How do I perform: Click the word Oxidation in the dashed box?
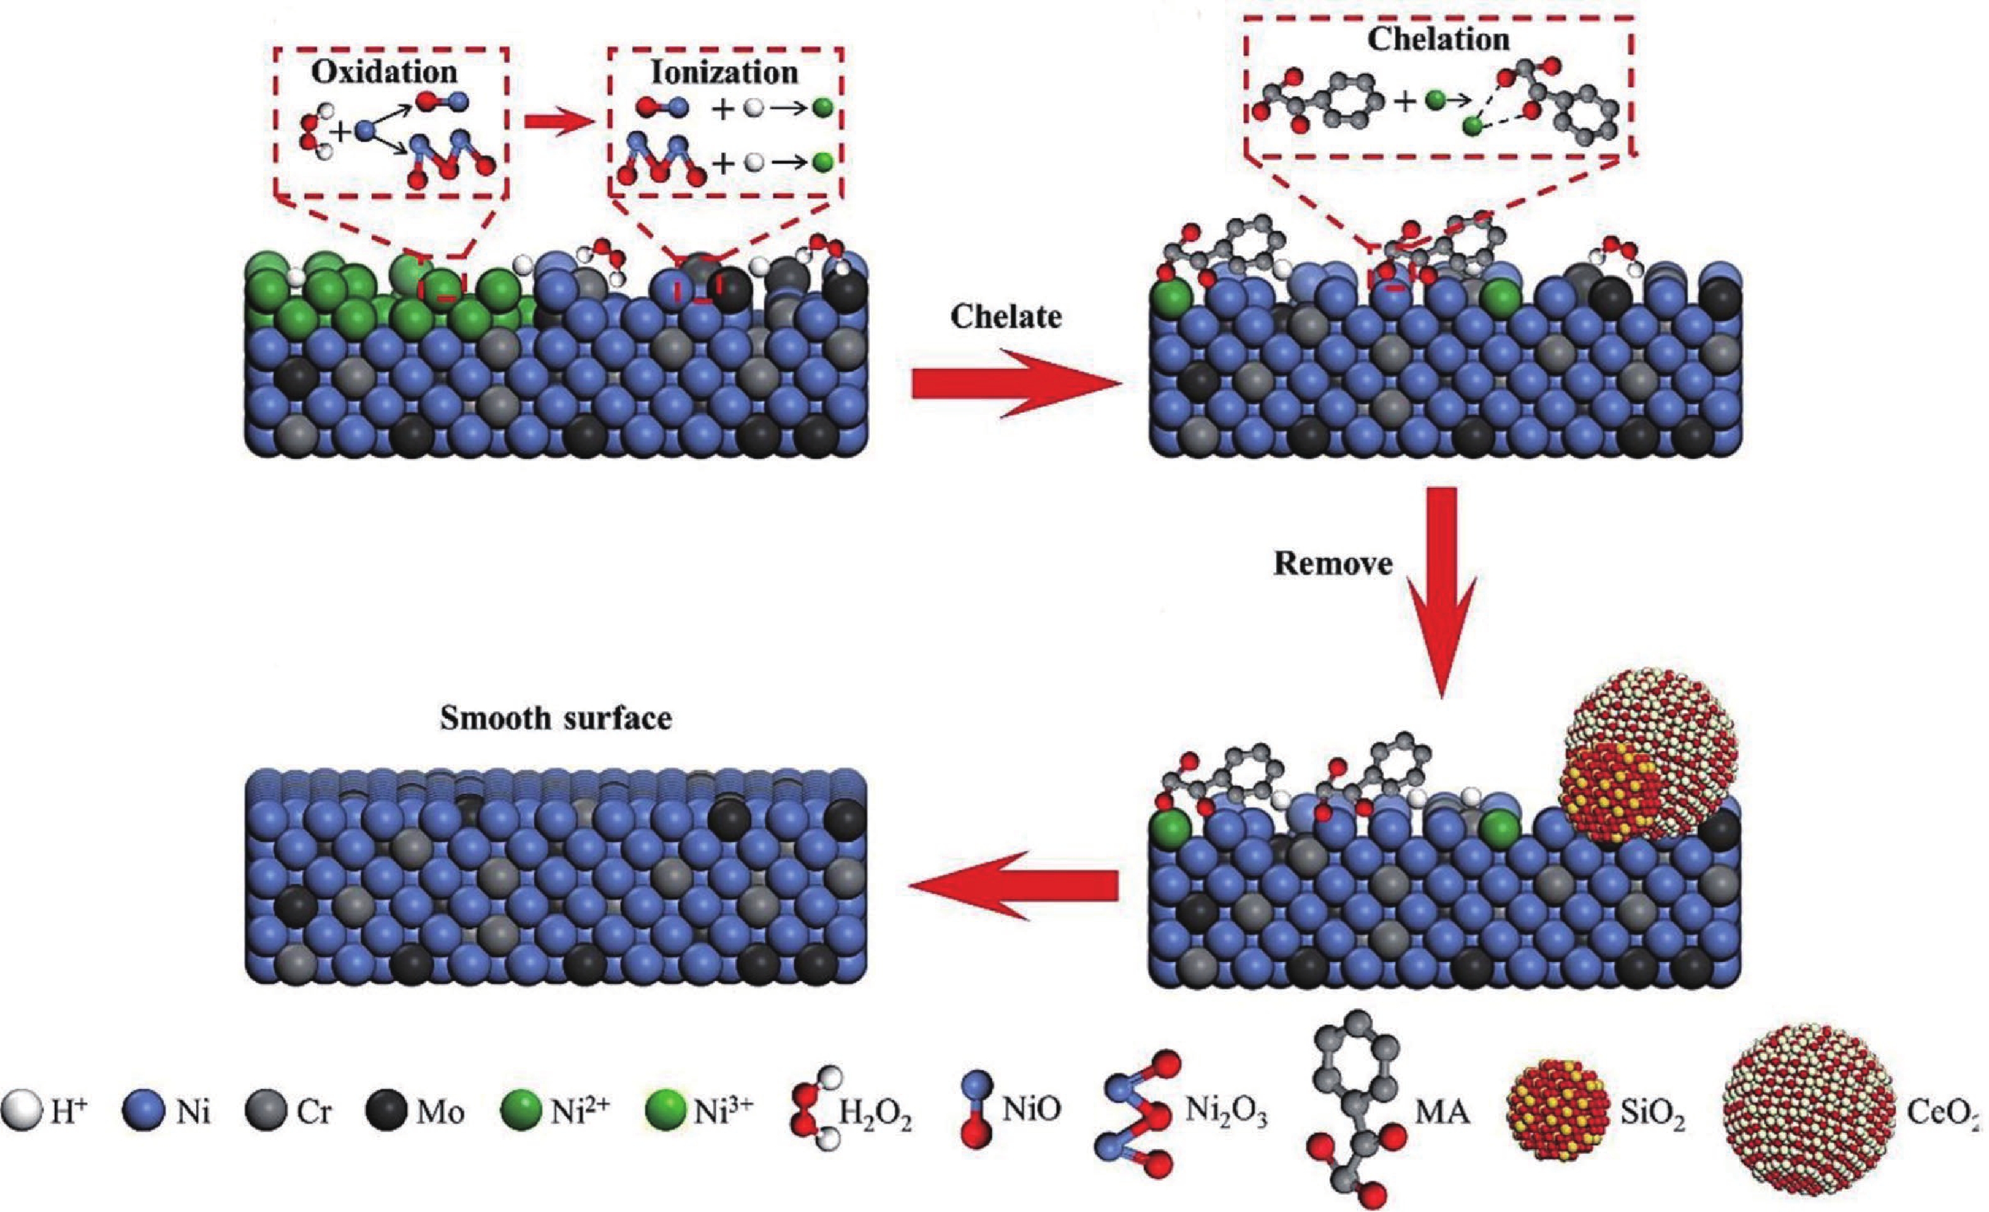point(385,73)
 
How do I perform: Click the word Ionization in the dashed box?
point(724,73)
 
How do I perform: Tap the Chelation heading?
point(1438,40)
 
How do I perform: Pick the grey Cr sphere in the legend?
point(266,1113)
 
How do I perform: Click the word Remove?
point(1333,563)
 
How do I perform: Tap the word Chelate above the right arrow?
point(1005,316)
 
